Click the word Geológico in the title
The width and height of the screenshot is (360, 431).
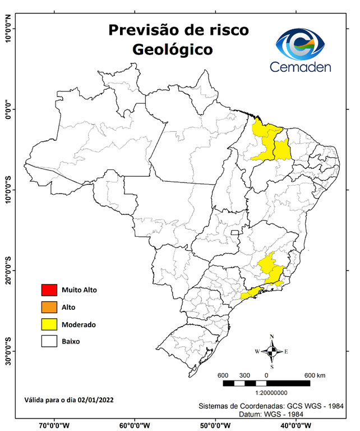pos(173,49)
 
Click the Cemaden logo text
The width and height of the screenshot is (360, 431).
pos(301,67)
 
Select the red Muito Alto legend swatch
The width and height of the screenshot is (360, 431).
pos(49,290)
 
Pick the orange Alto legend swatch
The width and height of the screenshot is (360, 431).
pos(49,307)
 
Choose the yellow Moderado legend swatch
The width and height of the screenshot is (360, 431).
pos(49,324)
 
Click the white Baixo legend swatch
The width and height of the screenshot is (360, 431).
pos(49,341)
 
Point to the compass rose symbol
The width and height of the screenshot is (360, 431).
pos(272,351)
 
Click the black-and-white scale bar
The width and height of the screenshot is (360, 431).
pos(266,383)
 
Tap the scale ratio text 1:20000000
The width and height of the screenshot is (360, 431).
pos(272,393)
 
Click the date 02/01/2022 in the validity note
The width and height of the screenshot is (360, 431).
pos(96,400)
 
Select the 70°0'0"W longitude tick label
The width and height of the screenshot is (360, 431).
pos(54,425)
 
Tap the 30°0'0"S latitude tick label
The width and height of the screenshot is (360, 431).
pos(8,351)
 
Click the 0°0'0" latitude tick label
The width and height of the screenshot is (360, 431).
pos(8,109)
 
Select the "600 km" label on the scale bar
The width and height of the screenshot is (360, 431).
pos(315,375)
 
